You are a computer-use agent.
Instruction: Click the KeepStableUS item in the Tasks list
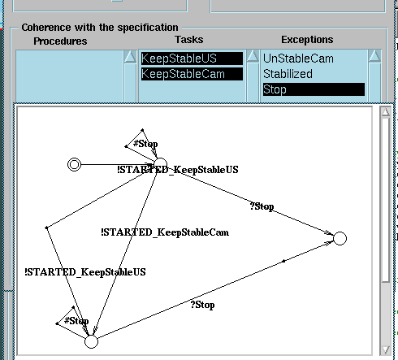192,59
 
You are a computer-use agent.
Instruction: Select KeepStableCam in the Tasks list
192,74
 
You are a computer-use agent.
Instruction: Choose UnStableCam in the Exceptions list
298,59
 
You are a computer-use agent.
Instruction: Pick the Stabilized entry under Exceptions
288,74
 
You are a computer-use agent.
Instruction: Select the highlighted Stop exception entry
314,89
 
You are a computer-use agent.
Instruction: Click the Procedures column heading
60,41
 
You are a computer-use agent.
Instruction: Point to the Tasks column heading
189,40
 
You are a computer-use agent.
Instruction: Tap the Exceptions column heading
307,40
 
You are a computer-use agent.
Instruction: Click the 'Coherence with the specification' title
100,28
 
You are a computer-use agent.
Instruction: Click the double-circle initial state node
74,164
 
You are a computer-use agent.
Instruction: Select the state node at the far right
340,238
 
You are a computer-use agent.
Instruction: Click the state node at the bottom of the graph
91,341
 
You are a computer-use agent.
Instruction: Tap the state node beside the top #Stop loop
161,164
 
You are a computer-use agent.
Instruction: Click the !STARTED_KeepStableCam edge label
165,232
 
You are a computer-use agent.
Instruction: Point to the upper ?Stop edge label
262,206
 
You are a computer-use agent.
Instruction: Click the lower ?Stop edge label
202,305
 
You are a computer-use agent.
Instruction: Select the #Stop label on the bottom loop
76,321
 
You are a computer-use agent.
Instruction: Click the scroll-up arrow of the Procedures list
130,56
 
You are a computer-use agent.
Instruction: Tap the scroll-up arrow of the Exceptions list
374,56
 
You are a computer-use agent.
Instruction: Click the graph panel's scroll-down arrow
386,350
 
